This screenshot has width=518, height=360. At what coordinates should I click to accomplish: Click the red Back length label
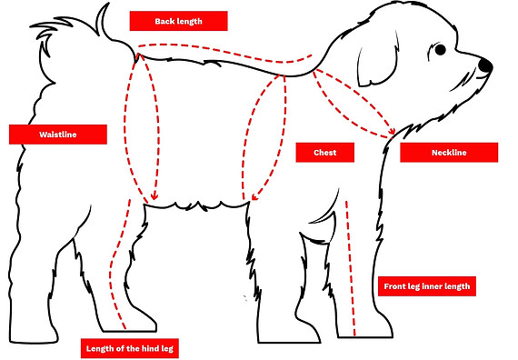(x=178, y=21)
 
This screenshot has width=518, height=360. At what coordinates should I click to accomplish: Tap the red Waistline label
(x=57, y=135)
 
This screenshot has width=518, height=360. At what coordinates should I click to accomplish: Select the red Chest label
(x=324, y=153)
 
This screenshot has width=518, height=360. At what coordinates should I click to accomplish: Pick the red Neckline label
(x=447, y=153)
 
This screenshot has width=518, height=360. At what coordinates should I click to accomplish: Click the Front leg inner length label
(x=426, y=286)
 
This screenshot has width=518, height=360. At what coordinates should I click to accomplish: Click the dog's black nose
(x=485, y=65)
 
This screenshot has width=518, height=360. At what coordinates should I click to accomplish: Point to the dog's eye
(x=441, y=49)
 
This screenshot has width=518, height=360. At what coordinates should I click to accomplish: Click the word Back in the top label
(x=165, y=21)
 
